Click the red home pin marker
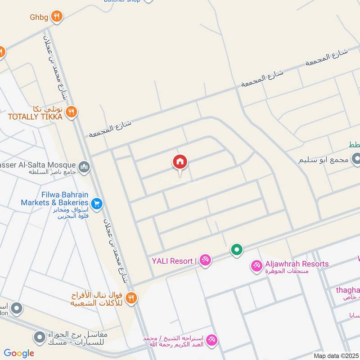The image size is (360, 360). pyautogui.click(x=180, y=162)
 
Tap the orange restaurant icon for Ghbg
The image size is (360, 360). pyautogui.click(x=56, y=17)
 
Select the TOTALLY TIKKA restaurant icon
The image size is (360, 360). pyautogui.click(x=71, y=112)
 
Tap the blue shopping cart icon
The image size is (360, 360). pyautogui.click(x=96, y=204)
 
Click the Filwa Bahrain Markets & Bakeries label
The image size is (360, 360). pyautogui.click(x=54, y=199)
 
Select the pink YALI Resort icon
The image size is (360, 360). pyautogui.click(x=205, y=261)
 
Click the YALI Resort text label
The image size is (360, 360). pyautogui.click(x=172, y=261)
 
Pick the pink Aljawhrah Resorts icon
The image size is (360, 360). pyautogui.click(x=256, y=266)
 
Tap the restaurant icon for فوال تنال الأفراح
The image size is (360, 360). pyautogui.click(x=131, y=297)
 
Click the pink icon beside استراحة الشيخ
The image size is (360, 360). pyautogui.click(x=212, y=340)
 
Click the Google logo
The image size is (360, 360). pyautogui.click(x=19, y=353)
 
